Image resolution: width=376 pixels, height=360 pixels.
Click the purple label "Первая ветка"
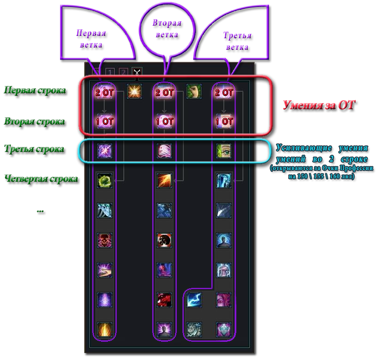tap(92, 40)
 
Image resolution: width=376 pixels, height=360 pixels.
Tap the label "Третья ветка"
tap(237, 41)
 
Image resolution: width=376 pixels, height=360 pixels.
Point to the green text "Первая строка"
tap(34, 90)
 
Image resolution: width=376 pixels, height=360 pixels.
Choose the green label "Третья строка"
tap(33, 149)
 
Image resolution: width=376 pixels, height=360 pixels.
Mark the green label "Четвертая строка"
tap(41, 179)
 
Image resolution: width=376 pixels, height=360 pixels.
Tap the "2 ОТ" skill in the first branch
tap(105, 92)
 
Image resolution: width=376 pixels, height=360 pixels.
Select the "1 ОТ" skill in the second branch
tap(164, 121)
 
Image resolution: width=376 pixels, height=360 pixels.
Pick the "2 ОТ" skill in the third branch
tap(224, 92)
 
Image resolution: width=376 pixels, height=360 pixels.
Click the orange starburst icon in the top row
tap(134, 91)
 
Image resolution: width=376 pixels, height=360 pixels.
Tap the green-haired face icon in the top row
tap(194, 91)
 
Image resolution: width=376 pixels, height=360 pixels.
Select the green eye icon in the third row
tap(224, 150)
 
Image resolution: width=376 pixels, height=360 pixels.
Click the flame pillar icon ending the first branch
tap(104, 329)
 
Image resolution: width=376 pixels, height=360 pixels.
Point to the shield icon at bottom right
tap(224, 329)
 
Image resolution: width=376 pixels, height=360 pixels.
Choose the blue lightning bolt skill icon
tap(194, 299)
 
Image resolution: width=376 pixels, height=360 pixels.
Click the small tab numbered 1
tap(110, 72)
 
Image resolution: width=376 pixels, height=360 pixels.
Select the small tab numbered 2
tap(123, 72)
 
